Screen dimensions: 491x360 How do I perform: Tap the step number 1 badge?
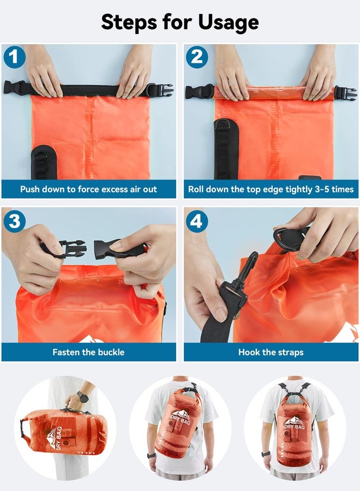[14, 57]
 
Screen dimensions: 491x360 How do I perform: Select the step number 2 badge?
[196, 57]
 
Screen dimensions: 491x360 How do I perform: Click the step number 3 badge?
[14, 222]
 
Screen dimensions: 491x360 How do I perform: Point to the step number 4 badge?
[196, 222]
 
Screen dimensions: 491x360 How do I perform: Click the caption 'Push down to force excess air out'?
[88, 189]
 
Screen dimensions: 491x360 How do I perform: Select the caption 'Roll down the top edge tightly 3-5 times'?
[271, 189]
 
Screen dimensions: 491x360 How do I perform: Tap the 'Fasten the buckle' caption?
[88, 352]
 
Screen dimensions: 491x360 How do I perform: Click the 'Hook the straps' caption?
[271, 352]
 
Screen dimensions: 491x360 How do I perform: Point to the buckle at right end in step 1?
[160, 89]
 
